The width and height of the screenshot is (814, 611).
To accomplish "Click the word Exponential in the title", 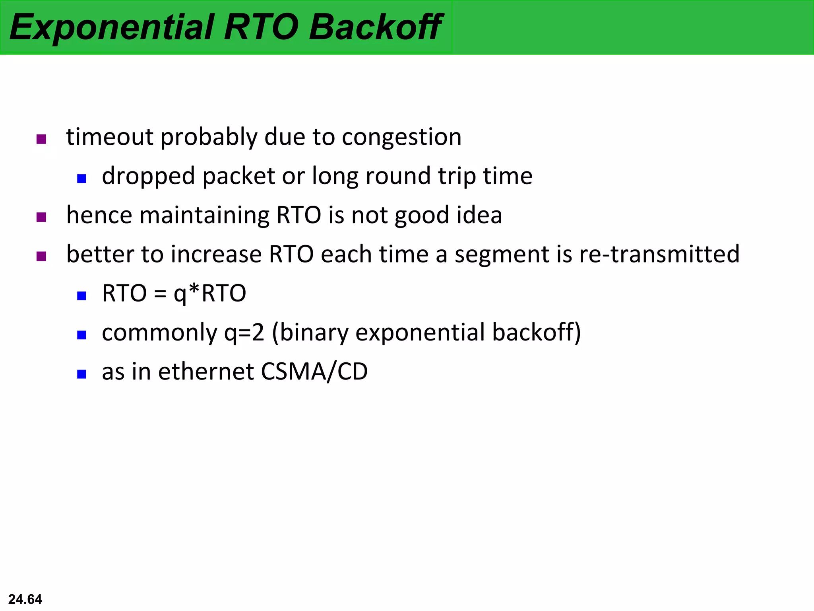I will coord(111,27).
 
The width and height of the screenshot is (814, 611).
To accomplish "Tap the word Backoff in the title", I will coord(375,27).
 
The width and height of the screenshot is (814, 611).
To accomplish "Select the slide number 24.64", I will coord(25,599).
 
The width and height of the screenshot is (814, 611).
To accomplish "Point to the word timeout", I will coord(109,137).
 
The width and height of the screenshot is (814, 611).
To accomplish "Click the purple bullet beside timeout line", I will coord(41,139).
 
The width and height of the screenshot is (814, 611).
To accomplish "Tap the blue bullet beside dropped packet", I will coord(81,179).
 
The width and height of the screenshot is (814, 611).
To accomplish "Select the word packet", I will coord(238,176).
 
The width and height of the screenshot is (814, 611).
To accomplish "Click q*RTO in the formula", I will coord(210,294).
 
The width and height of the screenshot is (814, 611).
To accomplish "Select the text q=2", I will coord(244,333).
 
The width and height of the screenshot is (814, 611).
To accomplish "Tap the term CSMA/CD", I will coord(314,372).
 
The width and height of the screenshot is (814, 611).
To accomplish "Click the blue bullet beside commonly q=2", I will coord(81,335).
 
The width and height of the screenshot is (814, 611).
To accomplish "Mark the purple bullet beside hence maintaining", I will coord(41,217).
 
